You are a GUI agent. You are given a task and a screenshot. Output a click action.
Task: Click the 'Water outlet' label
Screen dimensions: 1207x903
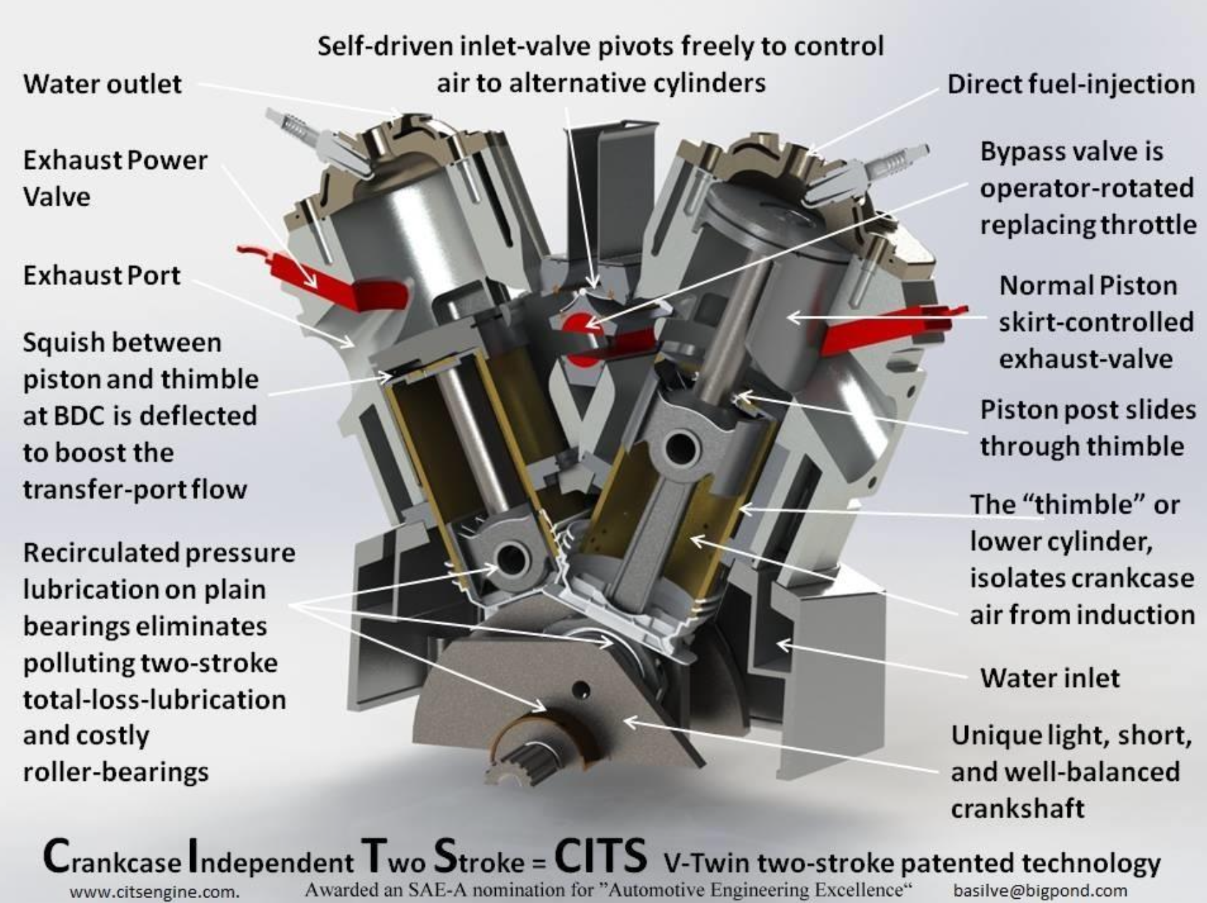tap(102, 83)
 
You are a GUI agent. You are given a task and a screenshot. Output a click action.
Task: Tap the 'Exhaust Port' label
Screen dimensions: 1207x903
tap(102, 275)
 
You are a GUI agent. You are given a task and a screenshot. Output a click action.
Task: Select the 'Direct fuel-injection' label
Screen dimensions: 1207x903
tap(1071, 84)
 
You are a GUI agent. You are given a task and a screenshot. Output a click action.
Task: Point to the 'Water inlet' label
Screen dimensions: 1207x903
tap(1050, 678)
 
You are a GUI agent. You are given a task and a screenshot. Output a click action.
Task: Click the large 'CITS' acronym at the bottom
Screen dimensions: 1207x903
tap(600, 856)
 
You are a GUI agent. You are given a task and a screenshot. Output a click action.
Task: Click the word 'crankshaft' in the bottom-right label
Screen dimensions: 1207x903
tap(1018, 808)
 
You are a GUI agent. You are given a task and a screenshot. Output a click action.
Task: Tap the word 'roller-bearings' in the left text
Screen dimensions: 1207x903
tap(116, 772)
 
